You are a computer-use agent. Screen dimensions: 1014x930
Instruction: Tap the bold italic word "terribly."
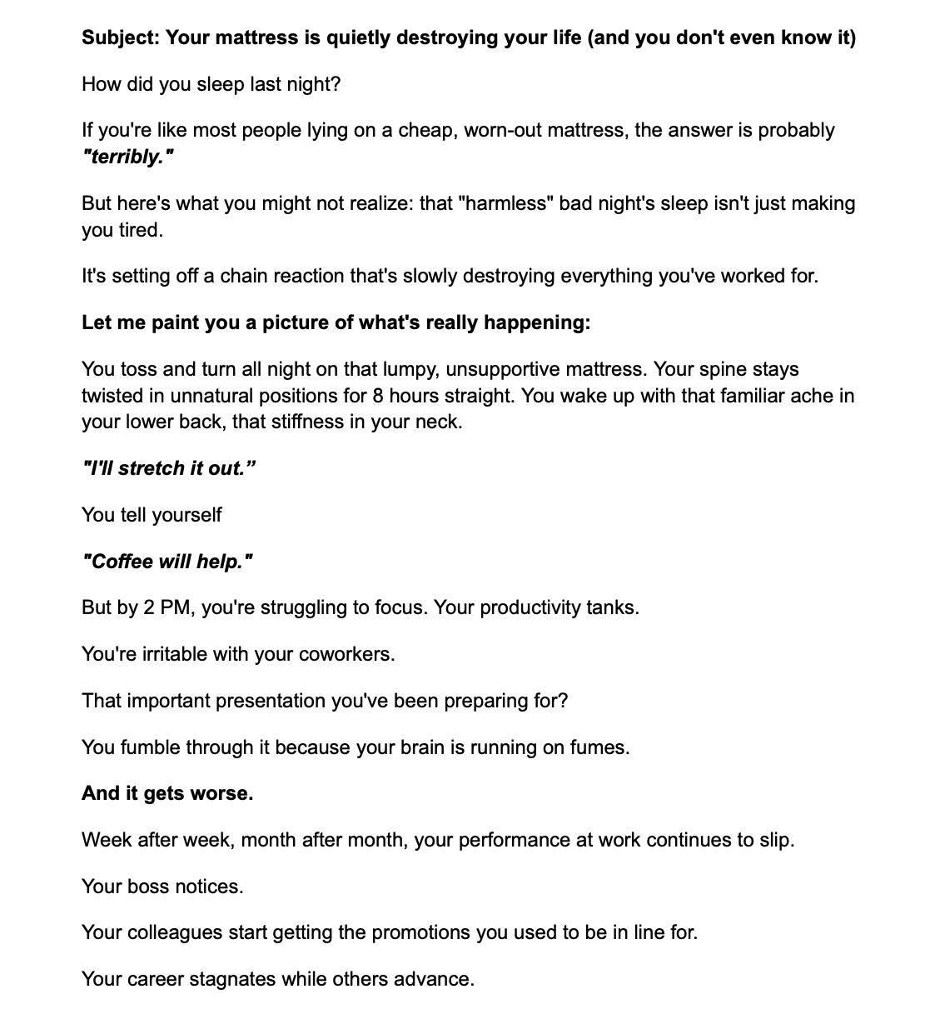click(x=127, y=157)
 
